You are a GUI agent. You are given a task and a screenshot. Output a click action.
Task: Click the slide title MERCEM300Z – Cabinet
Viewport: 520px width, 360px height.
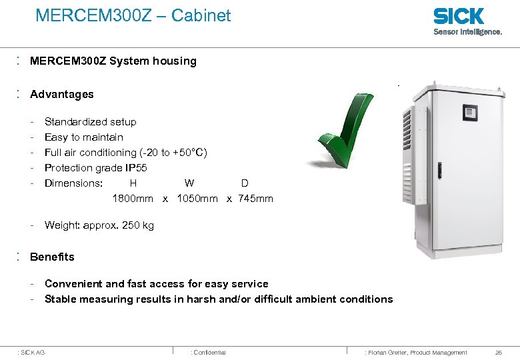[133, 15]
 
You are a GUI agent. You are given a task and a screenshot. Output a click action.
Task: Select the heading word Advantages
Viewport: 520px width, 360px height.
[62, 94]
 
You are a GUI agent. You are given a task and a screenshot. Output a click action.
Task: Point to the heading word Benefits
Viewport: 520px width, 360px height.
[52, 257]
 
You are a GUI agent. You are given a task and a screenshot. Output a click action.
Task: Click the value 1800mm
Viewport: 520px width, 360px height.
[133, 198]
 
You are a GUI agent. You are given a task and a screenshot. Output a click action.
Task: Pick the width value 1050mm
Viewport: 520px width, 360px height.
[197, 198]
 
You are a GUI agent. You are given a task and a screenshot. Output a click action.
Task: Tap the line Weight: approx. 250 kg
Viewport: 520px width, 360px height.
[99, 225]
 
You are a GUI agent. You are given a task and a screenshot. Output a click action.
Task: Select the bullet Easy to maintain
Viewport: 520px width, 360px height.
[83, 137]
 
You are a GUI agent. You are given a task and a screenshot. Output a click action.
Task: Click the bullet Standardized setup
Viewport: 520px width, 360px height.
[90, 121]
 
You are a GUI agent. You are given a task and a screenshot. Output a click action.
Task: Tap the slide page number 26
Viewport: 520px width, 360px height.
[499, 352]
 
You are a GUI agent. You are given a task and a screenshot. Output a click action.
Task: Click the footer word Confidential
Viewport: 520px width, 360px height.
[209, 352]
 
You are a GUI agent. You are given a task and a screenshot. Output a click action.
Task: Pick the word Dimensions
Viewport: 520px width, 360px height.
[73, 183]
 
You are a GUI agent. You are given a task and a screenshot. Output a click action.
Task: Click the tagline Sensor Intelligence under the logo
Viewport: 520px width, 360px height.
[468, 31]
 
